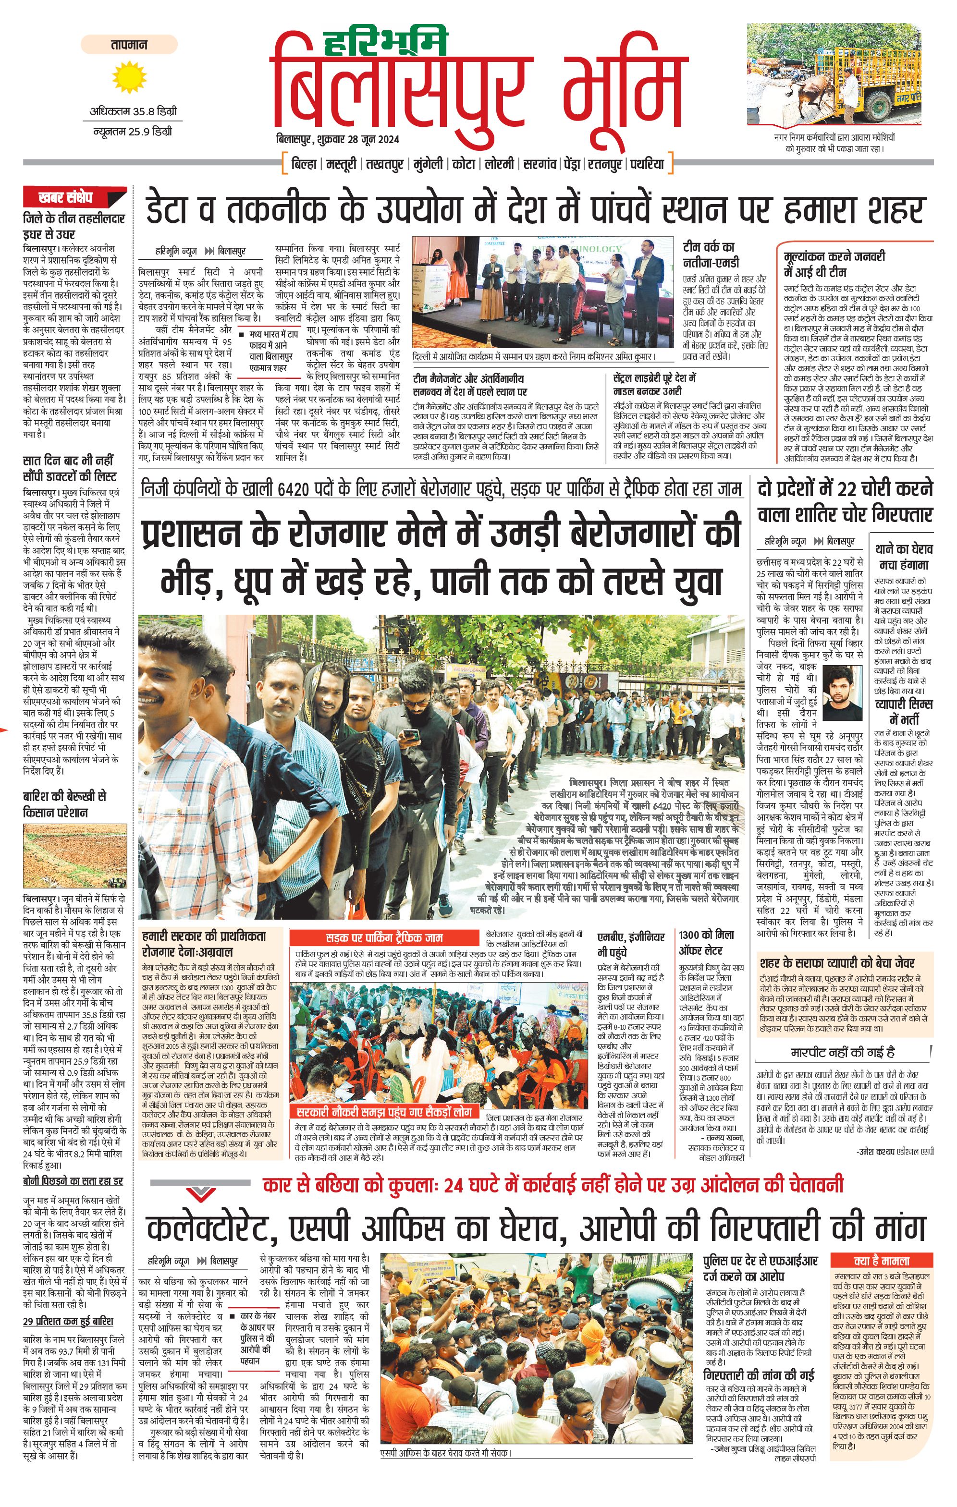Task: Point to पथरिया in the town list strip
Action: click(647, 164)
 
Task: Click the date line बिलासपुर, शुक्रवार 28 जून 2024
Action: click(338, 139)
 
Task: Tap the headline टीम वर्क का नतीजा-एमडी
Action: click(711, 255)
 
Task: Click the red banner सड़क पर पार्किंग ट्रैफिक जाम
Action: click(384, 937)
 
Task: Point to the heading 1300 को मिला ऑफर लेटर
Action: click(707, 942)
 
